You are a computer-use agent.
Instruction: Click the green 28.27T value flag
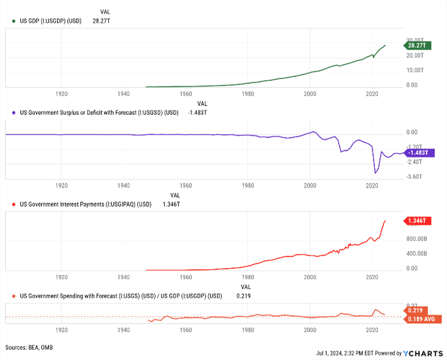coord(417,45)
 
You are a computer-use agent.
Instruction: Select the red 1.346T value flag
coord(417,221)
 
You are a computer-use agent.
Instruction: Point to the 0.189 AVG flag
coord(422,319)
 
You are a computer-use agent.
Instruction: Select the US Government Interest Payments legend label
coord(86,204)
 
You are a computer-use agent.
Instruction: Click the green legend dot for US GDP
coord(13,20)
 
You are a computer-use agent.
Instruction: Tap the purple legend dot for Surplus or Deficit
coord(13,112)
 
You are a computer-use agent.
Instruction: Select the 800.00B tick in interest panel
coord(417,239)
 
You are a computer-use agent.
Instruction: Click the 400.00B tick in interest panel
coord(417,254)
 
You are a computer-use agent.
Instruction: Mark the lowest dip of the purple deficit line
coord(375,173)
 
